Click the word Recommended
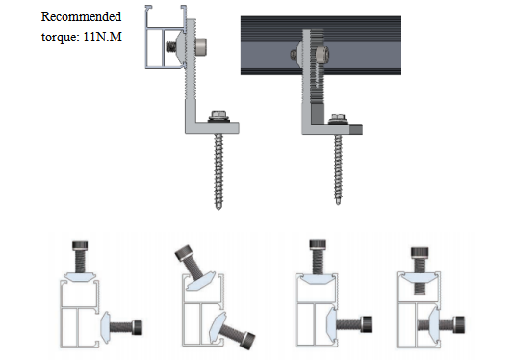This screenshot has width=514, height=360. click(81, 16)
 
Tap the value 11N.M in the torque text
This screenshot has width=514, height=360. click(103, 37)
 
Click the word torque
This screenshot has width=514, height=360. click(61, 38)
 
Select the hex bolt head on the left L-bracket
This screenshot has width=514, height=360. click(218, 116)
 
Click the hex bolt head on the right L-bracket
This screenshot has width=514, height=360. click(339, 117)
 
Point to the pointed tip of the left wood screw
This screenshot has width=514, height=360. click(218, 208)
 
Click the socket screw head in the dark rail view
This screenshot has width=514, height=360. click(321, 53)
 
